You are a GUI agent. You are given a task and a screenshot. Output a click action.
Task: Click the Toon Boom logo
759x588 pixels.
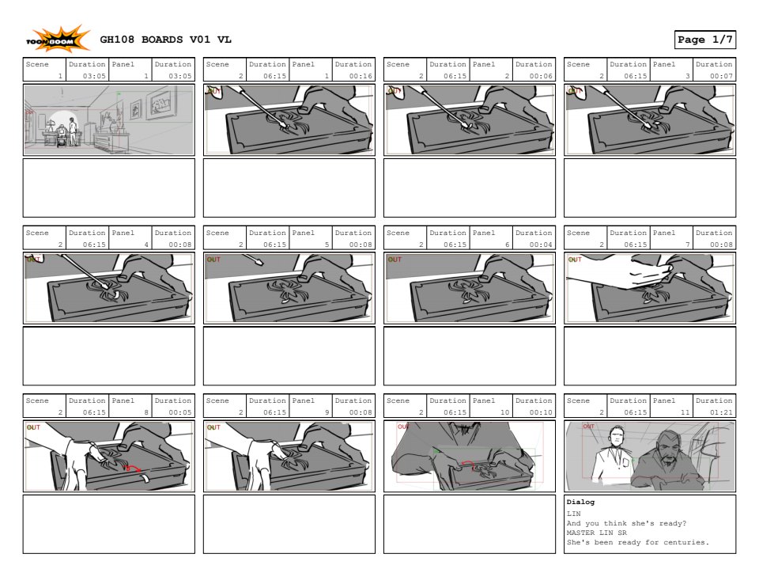(x=58, y=39)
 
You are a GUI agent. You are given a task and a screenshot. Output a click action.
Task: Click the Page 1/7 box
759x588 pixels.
(x=704, y=40)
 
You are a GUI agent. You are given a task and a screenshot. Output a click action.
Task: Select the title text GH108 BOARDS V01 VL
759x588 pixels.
(x=165, y=40)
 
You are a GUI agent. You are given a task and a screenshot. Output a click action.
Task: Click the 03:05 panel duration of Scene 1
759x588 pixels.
(x=180, y=76)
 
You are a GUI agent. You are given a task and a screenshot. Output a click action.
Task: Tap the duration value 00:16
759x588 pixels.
(x=361, y=76)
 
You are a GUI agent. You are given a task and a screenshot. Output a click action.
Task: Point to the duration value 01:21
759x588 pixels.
(x=721, y=412)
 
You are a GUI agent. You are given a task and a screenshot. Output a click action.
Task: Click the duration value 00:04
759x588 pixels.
(x=541, y=245)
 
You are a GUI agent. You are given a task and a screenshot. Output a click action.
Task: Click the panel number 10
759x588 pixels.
(x=505, y=412)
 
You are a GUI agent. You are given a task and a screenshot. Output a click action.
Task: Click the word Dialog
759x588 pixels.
(x=580, y=503)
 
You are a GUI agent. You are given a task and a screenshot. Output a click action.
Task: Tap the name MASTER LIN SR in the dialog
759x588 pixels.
(x=596, y=533)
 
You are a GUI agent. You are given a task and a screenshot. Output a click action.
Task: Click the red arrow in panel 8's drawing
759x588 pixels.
(x=132, y=467)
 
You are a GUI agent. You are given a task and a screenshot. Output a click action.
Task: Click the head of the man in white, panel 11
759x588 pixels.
(x=617, y=436)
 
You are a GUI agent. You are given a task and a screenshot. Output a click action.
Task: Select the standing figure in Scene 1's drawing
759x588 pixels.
(x=73, y=131)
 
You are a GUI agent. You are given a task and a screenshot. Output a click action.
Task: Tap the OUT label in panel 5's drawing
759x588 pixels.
(x=213, y=260)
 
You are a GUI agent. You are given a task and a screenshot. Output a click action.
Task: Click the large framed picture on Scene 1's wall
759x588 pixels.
(x=161, y=103)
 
